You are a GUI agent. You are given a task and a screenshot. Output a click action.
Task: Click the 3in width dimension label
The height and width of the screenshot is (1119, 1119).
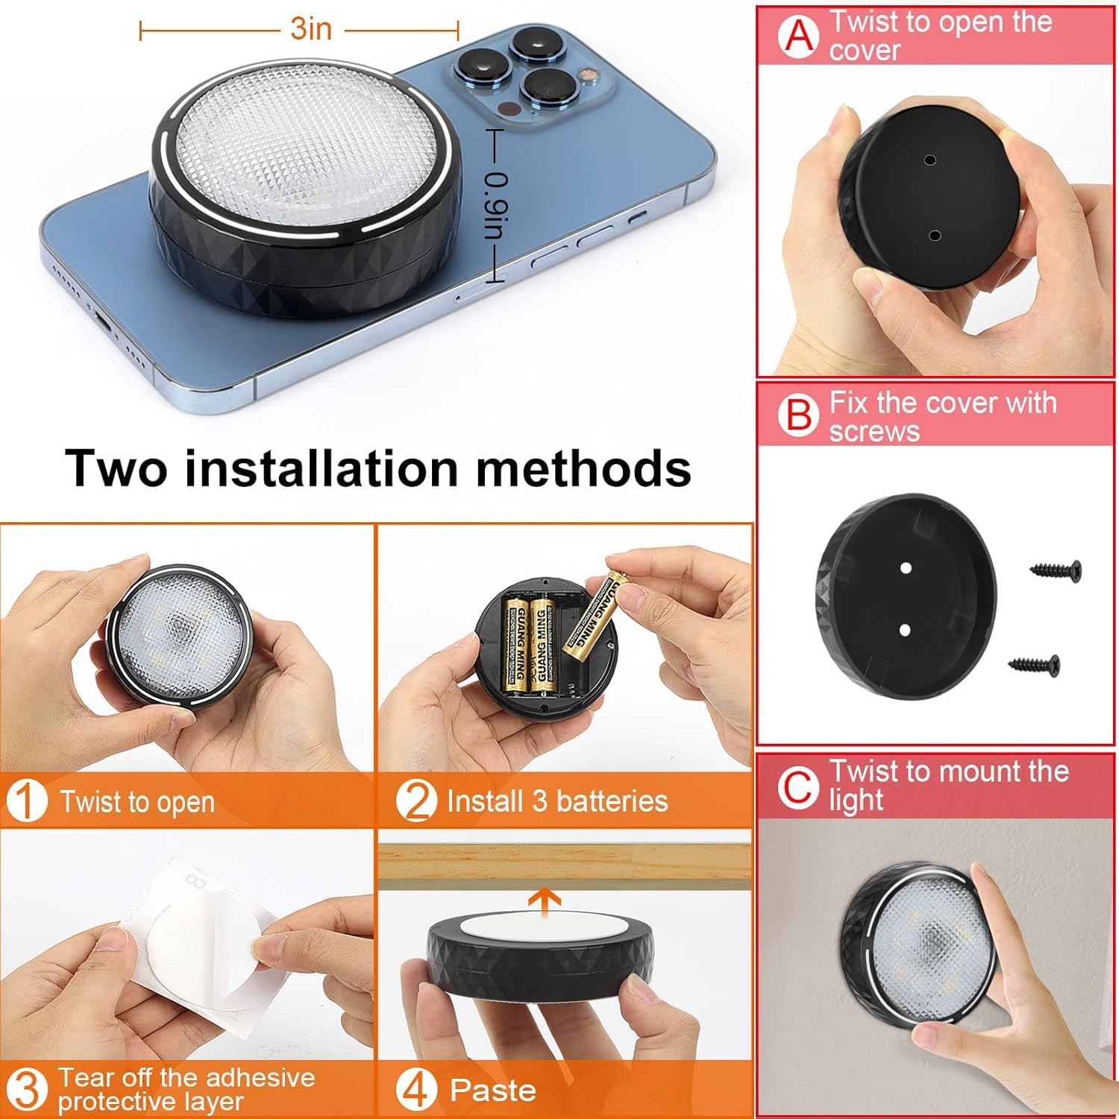(x=311, y=29)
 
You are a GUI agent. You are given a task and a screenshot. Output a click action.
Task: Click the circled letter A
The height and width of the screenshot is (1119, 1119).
(x=799, y=37)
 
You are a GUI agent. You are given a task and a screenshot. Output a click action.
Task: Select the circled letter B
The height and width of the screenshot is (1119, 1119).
(x=798, y=415)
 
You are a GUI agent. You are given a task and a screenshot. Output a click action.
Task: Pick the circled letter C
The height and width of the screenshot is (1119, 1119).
(x=797, y=786)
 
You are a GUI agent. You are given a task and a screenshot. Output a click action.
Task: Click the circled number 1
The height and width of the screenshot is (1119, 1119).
(x=26, y=801)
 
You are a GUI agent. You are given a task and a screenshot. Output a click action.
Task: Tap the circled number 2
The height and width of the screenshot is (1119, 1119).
(x=415, y=801)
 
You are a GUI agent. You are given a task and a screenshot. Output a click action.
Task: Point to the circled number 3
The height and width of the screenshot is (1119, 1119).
(x=26, y=1089)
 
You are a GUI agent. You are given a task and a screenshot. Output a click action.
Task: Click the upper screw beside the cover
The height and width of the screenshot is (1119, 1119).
(x=1056, y=571)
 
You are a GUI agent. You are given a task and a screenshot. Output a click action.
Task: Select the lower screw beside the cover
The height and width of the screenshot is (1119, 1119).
(x=1034, y=662)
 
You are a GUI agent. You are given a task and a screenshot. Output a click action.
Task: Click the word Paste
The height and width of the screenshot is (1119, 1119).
(x=493, y=1091)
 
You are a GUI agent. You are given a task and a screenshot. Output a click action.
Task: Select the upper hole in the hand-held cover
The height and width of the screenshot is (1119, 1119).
(x=929, y=160)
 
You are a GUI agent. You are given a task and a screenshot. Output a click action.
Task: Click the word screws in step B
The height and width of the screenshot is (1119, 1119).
(x=874, y=432)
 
